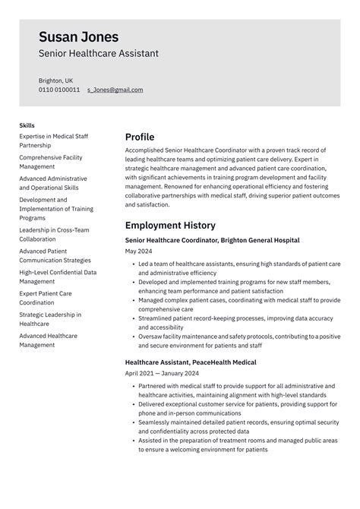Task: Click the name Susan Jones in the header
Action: pyautogui.click(x=79, y=36)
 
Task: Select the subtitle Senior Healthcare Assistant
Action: pyautogui.click(x=99, y=54)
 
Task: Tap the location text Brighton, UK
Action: pyautogui.click(x=56, y=80)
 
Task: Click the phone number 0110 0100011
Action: pyautogui.click(x=59, y=90)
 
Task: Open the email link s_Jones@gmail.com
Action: pyautogui.click(x=115, y=90)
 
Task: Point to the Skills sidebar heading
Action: pyautogui.click(x=27, y=125)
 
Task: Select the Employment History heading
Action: pyautogui.click(x=170, y=226)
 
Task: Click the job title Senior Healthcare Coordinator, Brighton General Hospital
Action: pyautogui.click(x=212, y=240)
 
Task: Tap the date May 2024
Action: pyautogui.click(x=139, y=251)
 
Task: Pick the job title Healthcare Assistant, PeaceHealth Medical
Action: pyautogui.click(x=191, y=362)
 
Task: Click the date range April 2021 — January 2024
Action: pyautogui.click(x=163, y=374)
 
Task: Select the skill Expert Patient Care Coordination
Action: pyautogui.click(x=46, y=297)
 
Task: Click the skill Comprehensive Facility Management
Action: pyautogui.click(x=51, y=162)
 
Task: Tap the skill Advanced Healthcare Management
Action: pyautogui.click(x=49, y=340)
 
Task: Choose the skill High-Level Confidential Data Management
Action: pyautogui.click(x=57, y=276)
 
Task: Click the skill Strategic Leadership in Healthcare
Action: pyautogui.click(x=50, y=319)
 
